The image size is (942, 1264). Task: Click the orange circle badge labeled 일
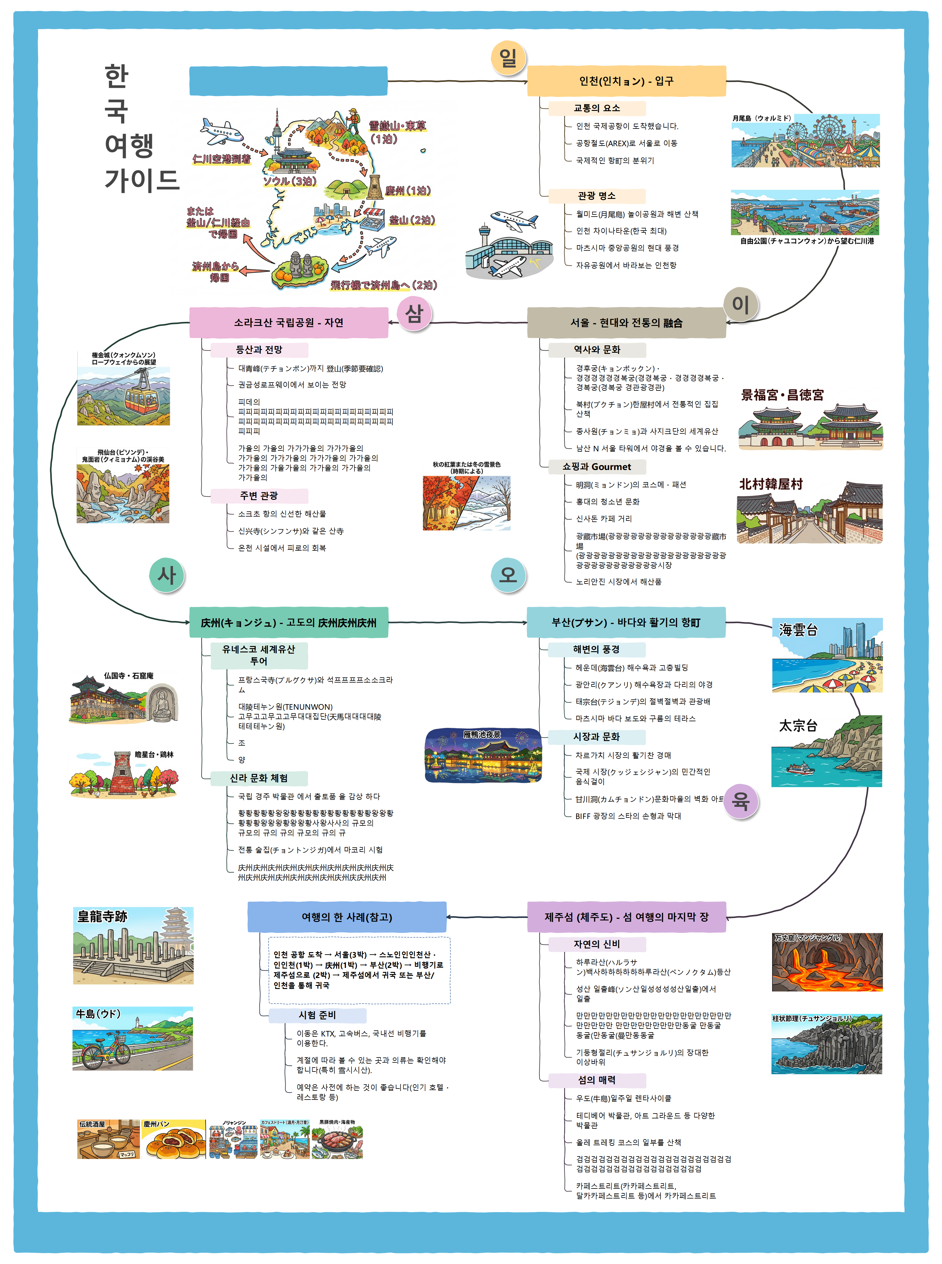tap(508, 58)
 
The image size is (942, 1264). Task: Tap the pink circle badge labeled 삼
tap(414, 313)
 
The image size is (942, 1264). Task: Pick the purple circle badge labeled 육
tap(740, 801)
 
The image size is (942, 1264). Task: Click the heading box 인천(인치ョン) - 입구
tap(626, 81)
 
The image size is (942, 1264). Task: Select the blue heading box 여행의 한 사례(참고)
tap(347, 916)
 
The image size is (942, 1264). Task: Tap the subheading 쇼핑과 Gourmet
tap(596, 467)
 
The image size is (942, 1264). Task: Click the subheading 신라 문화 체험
tap(259, 778)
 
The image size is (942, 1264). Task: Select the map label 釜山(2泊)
tap(412, 220)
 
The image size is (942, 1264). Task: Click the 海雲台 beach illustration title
tap(798, 630)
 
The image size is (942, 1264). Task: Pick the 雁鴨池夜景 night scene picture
tap(483, 755)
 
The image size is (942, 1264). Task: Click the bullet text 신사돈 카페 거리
tap(603, 518)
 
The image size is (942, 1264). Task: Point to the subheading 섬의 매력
tap(596, 1080)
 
